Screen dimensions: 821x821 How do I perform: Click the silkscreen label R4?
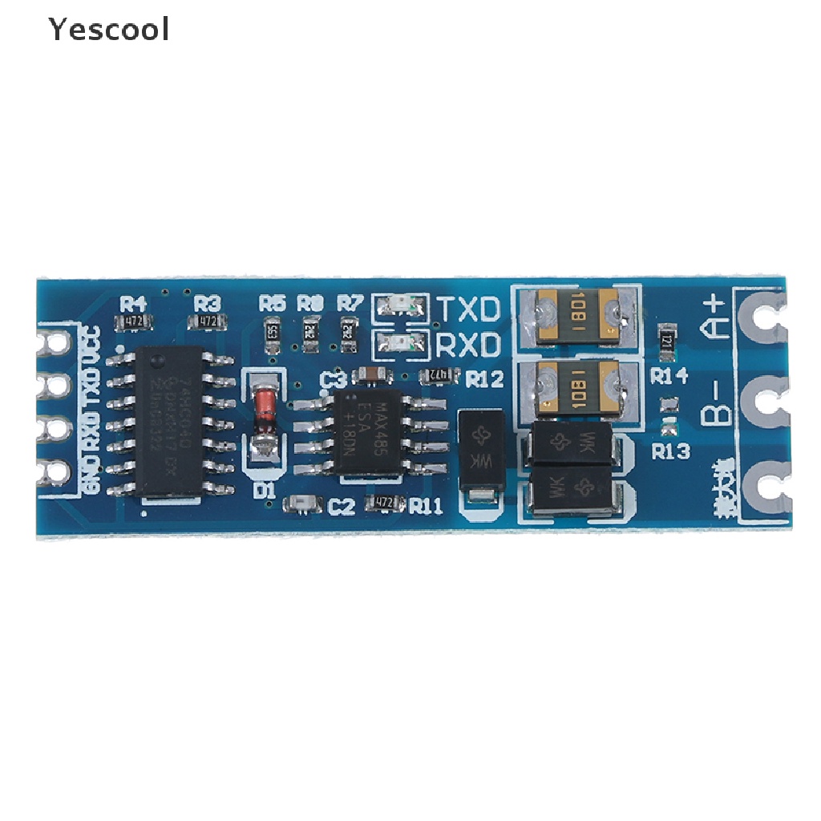pos(133,303)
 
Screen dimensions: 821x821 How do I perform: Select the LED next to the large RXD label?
pos(399,345)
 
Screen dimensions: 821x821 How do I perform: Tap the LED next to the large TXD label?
pos(399,305)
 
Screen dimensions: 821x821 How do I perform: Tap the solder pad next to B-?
pos(766,402)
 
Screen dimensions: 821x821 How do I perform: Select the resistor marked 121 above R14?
pos(665,342)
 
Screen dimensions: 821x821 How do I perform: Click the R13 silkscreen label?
pos(670,451)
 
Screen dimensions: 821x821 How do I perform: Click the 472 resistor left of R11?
pos(382,504)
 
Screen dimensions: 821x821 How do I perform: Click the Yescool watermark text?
pos(108,30)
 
